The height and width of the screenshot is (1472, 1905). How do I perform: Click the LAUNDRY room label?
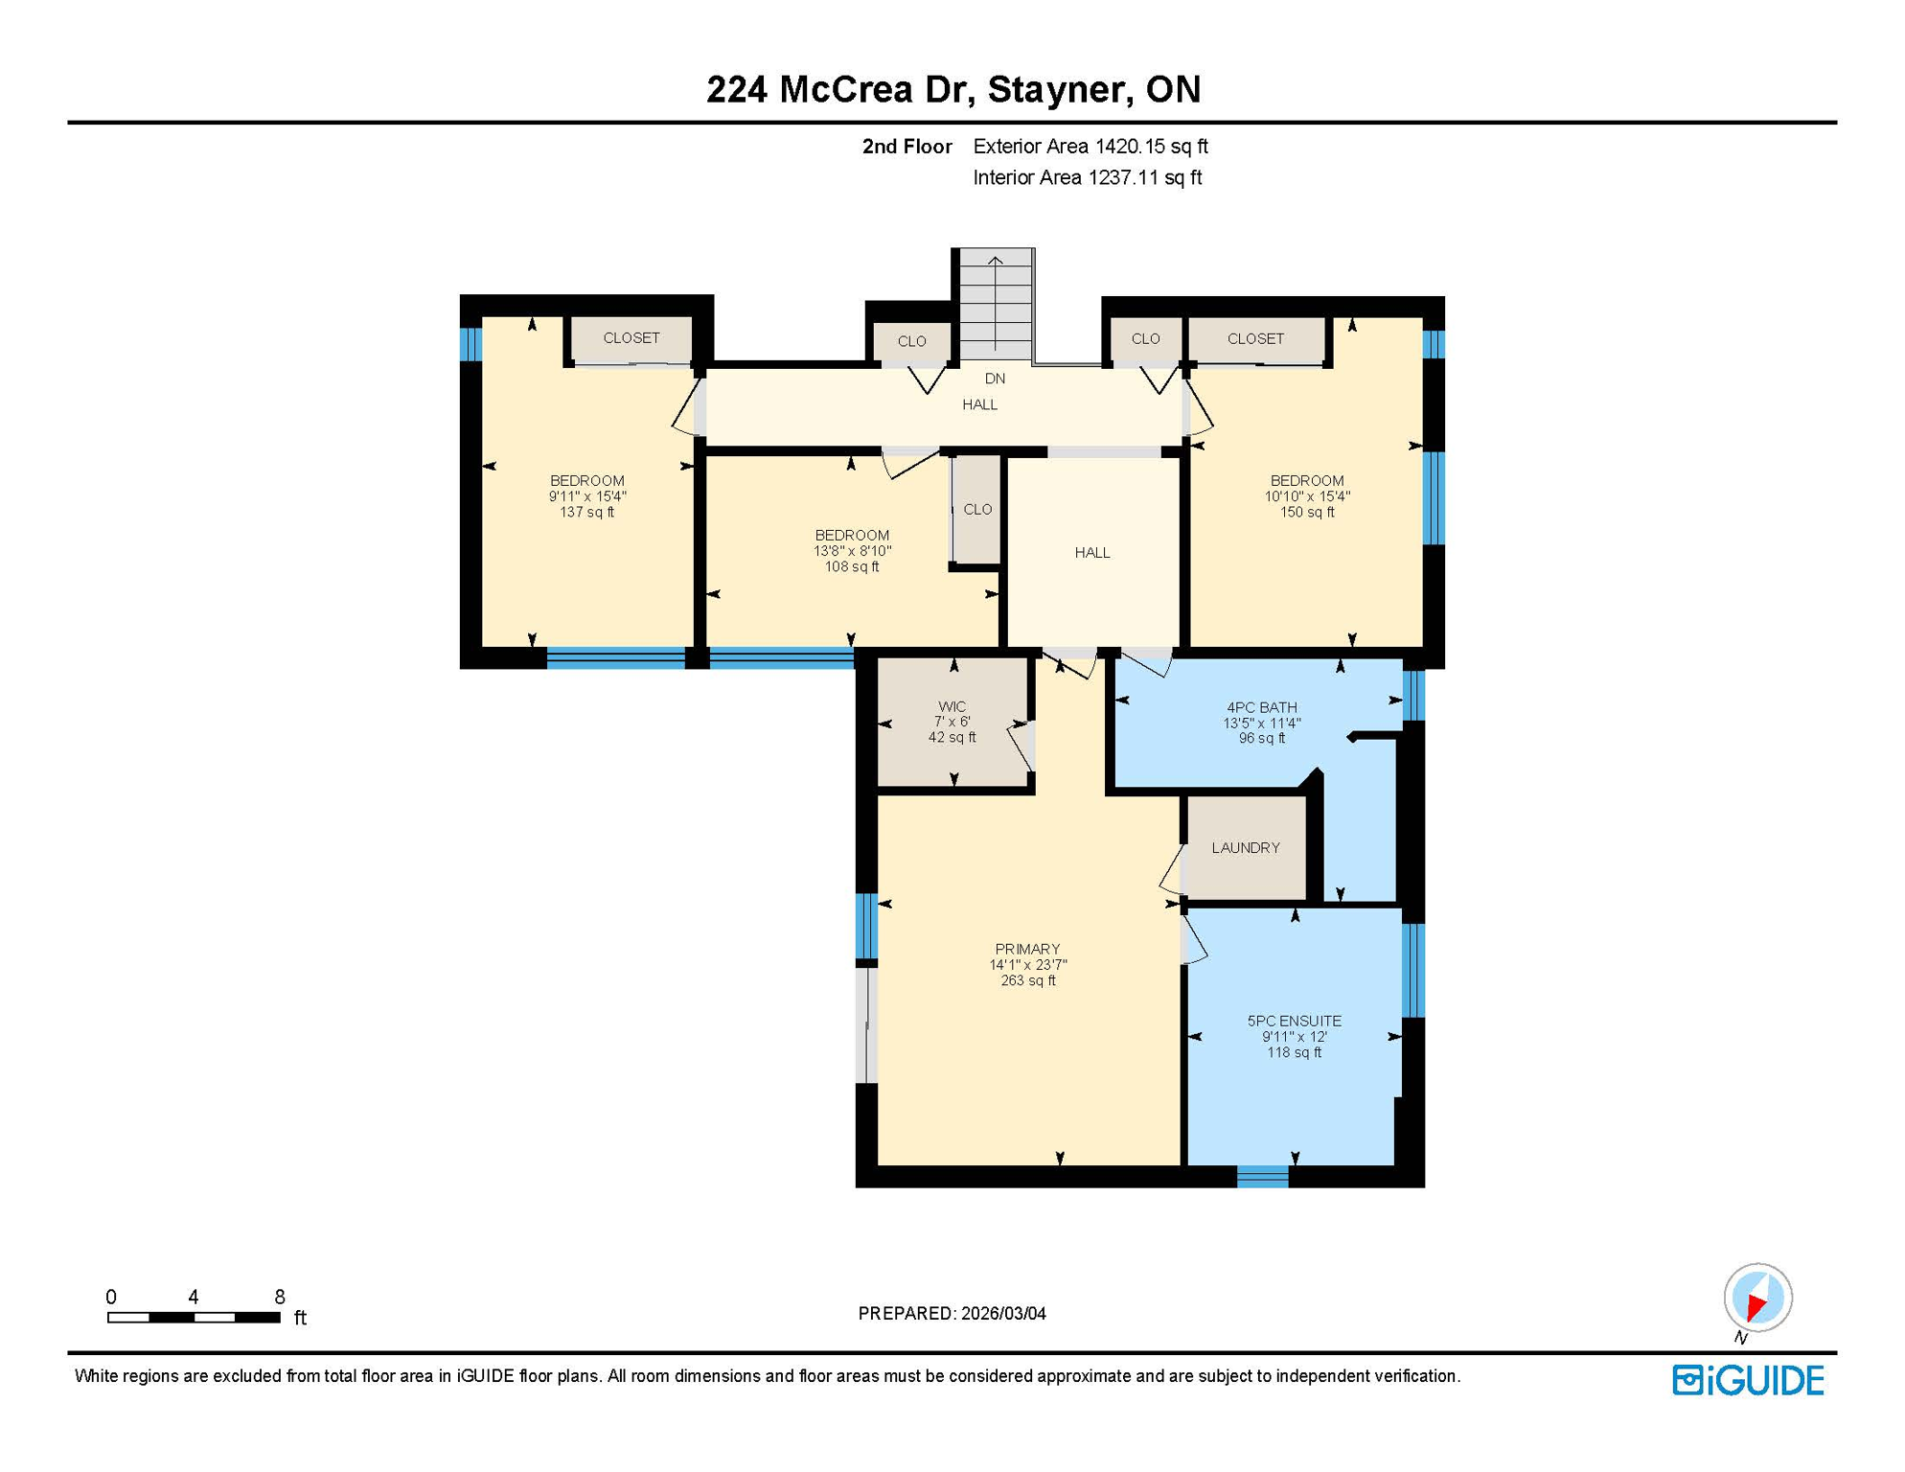tap(1245, 848)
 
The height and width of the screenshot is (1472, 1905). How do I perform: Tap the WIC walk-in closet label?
tap(952, 706)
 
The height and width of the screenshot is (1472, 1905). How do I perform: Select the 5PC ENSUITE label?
tap(1294, 1022)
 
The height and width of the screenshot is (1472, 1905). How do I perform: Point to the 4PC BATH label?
tap(1261, 707)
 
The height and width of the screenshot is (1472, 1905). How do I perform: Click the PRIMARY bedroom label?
tap(1026, 950)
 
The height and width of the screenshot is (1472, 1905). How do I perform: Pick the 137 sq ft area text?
tap(586, 513)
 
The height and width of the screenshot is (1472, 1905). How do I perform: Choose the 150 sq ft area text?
tap(1307, 513)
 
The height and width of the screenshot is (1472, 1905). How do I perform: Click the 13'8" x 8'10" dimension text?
tap(852, 551)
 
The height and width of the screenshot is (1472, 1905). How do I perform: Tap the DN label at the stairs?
tap(995, 379)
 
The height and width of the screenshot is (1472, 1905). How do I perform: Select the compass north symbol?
tap(1757, 1299)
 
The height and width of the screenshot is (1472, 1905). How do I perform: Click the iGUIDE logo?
tap(1748, 1381)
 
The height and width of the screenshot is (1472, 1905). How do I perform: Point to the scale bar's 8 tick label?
tap(279, 1297)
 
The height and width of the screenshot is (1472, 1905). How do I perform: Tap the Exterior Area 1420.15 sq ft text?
tap(1090, 147)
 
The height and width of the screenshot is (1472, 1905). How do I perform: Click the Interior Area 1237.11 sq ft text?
tap(1087, 177)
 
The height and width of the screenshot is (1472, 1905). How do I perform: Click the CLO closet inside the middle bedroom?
tap(977, 510)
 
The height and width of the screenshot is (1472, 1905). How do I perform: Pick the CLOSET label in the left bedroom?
tap(631, 338)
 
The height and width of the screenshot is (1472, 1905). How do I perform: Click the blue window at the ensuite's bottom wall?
tap(1262, 1176)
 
